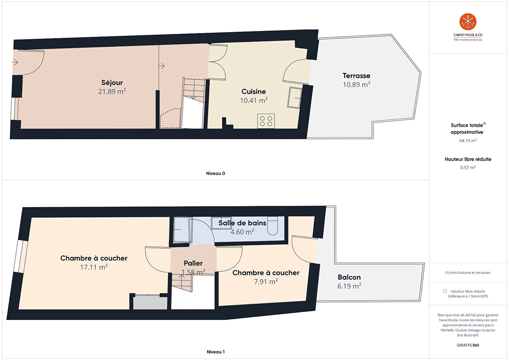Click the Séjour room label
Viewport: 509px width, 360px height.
pos(112,82)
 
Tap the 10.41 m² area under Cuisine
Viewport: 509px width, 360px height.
pos(253,100)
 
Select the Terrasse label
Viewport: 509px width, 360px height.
pos(356,75)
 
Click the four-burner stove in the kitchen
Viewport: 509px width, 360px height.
pos(266,121)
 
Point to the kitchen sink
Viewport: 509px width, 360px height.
pos(295,98)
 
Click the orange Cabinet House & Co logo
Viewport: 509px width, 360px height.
pos(468,22)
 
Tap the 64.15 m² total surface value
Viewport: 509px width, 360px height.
pos(468,140)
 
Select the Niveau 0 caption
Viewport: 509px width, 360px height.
pos(215,173)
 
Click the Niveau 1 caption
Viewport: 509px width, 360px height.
pos(216,352)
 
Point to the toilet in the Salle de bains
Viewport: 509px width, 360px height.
pos(273,226)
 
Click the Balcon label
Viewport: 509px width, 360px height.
pos(349,277)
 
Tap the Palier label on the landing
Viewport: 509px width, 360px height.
pos(193,263)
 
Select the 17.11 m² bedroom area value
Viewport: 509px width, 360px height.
pos(94,267)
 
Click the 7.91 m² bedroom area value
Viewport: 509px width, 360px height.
pos(266,282)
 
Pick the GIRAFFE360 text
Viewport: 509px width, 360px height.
pos(468,345)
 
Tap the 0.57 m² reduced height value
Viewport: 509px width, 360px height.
pos(468,167)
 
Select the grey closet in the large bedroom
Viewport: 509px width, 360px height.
pos(150,303)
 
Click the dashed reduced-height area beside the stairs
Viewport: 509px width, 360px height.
pos(170,118)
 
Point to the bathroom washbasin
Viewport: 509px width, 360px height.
pos(221,223)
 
